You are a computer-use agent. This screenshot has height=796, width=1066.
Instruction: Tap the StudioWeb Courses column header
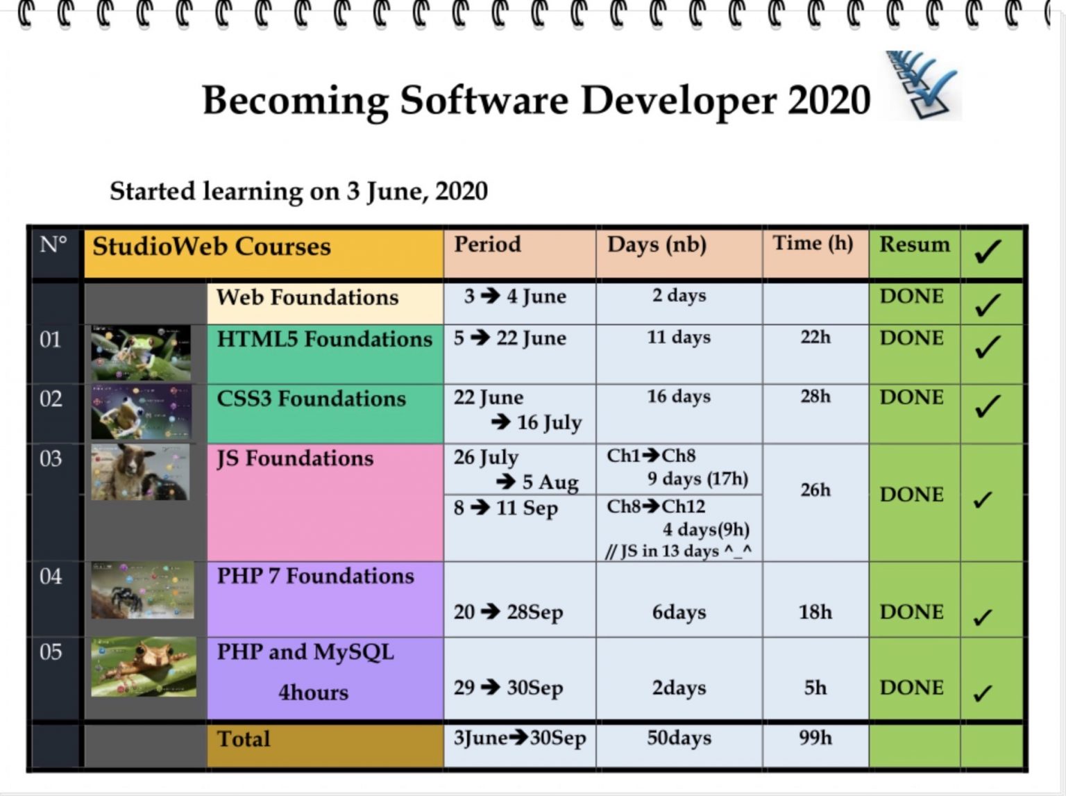click(x=212, y=247)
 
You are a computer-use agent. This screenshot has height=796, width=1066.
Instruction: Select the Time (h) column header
click(x=813, y=244)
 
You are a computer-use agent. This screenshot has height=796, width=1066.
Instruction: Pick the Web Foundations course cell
click(x=307, y=298)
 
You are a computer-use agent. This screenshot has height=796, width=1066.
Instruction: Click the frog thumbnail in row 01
click(x=141, y=354)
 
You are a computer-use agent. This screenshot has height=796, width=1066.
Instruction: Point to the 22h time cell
click(x=815, y=338)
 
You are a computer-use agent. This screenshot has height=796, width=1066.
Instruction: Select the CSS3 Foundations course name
click(x=311, y=399)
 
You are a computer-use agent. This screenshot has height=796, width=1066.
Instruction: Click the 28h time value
click(x=815, y=397)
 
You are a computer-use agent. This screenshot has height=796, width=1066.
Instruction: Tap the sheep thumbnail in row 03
click(x=140, y=472)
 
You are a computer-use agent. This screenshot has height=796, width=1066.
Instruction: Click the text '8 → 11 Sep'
click(x=505, y=508)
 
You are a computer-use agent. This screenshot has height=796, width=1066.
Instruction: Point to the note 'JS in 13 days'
click(x=678, y=552)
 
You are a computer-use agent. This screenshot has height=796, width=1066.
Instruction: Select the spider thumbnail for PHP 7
click(x=142, y=590)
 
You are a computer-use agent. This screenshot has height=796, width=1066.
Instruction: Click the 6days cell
click(x=679, y=613)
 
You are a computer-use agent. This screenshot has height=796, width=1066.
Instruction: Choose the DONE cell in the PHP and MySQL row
click(x=911, y=688)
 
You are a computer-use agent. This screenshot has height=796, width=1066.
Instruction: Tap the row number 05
click(x=51, y=652)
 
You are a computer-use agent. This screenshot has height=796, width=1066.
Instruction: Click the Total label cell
click(x=244, y=739)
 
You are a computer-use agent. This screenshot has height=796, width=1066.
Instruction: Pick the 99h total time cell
click(x=815, y=738)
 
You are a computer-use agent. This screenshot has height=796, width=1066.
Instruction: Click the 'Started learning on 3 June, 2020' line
click(x=298, y=192)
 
